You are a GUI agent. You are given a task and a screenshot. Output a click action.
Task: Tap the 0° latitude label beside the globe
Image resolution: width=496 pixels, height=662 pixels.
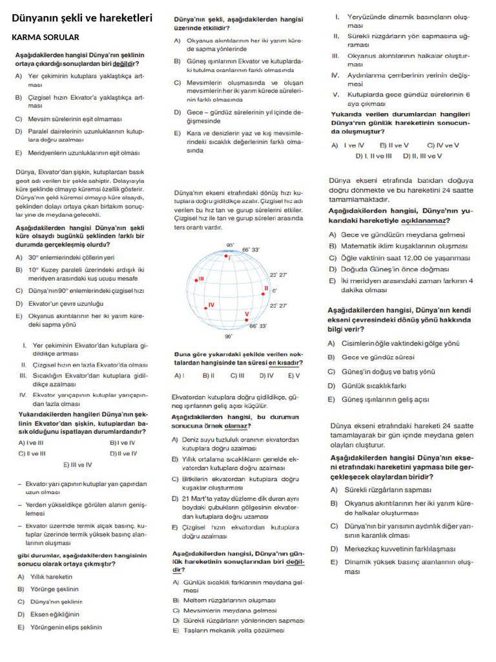274,291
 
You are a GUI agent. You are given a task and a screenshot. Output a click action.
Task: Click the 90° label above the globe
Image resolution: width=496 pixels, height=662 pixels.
230,245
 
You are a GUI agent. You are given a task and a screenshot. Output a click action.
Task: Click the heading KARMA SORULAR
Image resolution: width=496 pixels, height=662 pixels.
46,37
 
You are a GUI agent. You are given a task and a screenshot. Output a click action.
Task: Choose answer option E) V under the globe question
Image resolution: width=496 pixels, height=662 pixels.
294,375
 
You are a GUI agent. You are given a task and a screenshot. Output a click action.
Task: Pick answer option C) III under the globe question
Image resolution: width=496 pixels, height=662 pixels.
237,375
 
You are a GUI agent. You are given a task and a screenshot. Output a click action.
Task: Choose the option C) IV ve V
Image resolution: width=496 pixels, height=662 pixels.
443,145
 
